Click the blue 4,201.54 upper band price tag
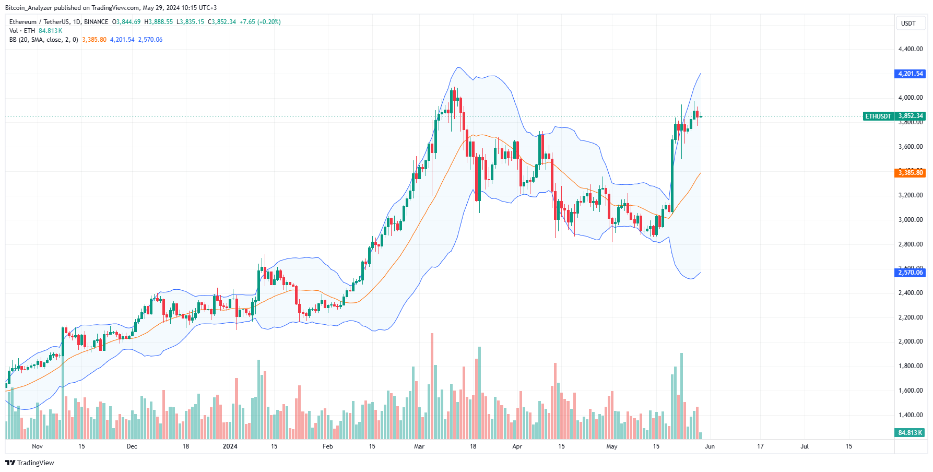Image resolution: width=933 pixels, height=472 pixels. (x=910, y=74)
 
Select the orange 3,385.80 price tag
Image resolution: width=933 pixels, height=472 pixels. (x=910, y=173)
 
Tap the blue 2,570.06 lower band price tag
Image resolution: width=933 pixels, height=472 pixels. (x=910, y=273)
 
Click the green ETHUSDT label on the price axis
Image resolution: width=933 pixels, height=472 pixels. (x=878, y=116)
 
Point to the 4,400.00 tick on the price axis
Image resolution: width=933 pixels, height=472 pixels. (x=910, y=49)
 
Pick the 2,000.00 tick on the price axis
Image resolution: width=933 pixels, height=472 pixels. (x=910, y=341)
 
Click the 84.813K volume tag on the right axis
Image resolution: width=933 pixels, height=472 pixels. (x=910, y=433)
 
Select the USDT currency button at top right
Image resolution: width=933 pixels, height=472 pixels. (x=908, y=23)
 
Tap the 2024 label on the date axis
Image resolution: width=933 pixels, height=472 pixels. (x=230, y=446)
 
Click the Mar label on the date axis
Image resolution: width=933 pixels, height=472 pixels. (x=419, y=446)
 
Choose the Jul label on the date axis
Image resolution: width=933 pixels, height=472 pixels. (x=805, y=446)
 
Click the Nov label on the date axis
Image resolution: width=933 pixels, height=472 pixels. (x=37, y=446)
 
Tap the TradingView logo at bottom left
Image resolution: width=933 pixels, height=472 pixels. (x=30, y=463)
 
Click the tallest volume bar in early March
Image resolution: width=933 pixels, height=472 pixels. (x=432, y=386)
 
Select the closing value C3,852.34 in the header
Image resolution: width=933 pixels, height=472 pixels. (x=222, y=22)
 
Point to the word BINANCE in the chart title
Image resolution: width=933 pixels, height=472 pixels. (x=96, y=22)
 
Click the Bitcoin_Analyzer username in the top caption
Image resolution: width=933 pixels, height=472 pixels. (x=28, y=8)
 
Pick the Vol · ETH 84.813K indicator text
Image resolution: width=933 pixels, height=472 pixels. (x=36, y=31)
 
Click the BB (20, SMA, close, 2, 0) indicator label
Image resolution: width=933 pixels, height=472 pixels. (x=43, y=40)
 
